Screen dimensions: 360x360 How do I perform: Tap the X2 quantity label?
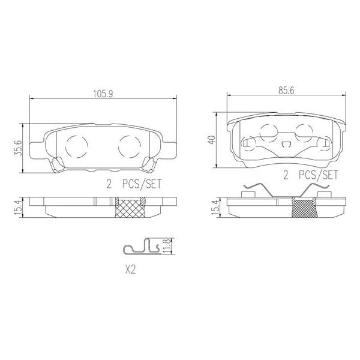coord(130,270)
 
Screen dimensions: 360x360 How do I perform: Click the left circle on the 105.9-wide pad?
coord(76,145)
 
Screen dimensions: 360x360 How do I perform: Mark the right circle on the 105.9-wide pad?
coord(129,145)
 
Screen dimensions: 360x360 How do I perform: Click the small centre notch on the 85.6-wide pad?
coord(286,144)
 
